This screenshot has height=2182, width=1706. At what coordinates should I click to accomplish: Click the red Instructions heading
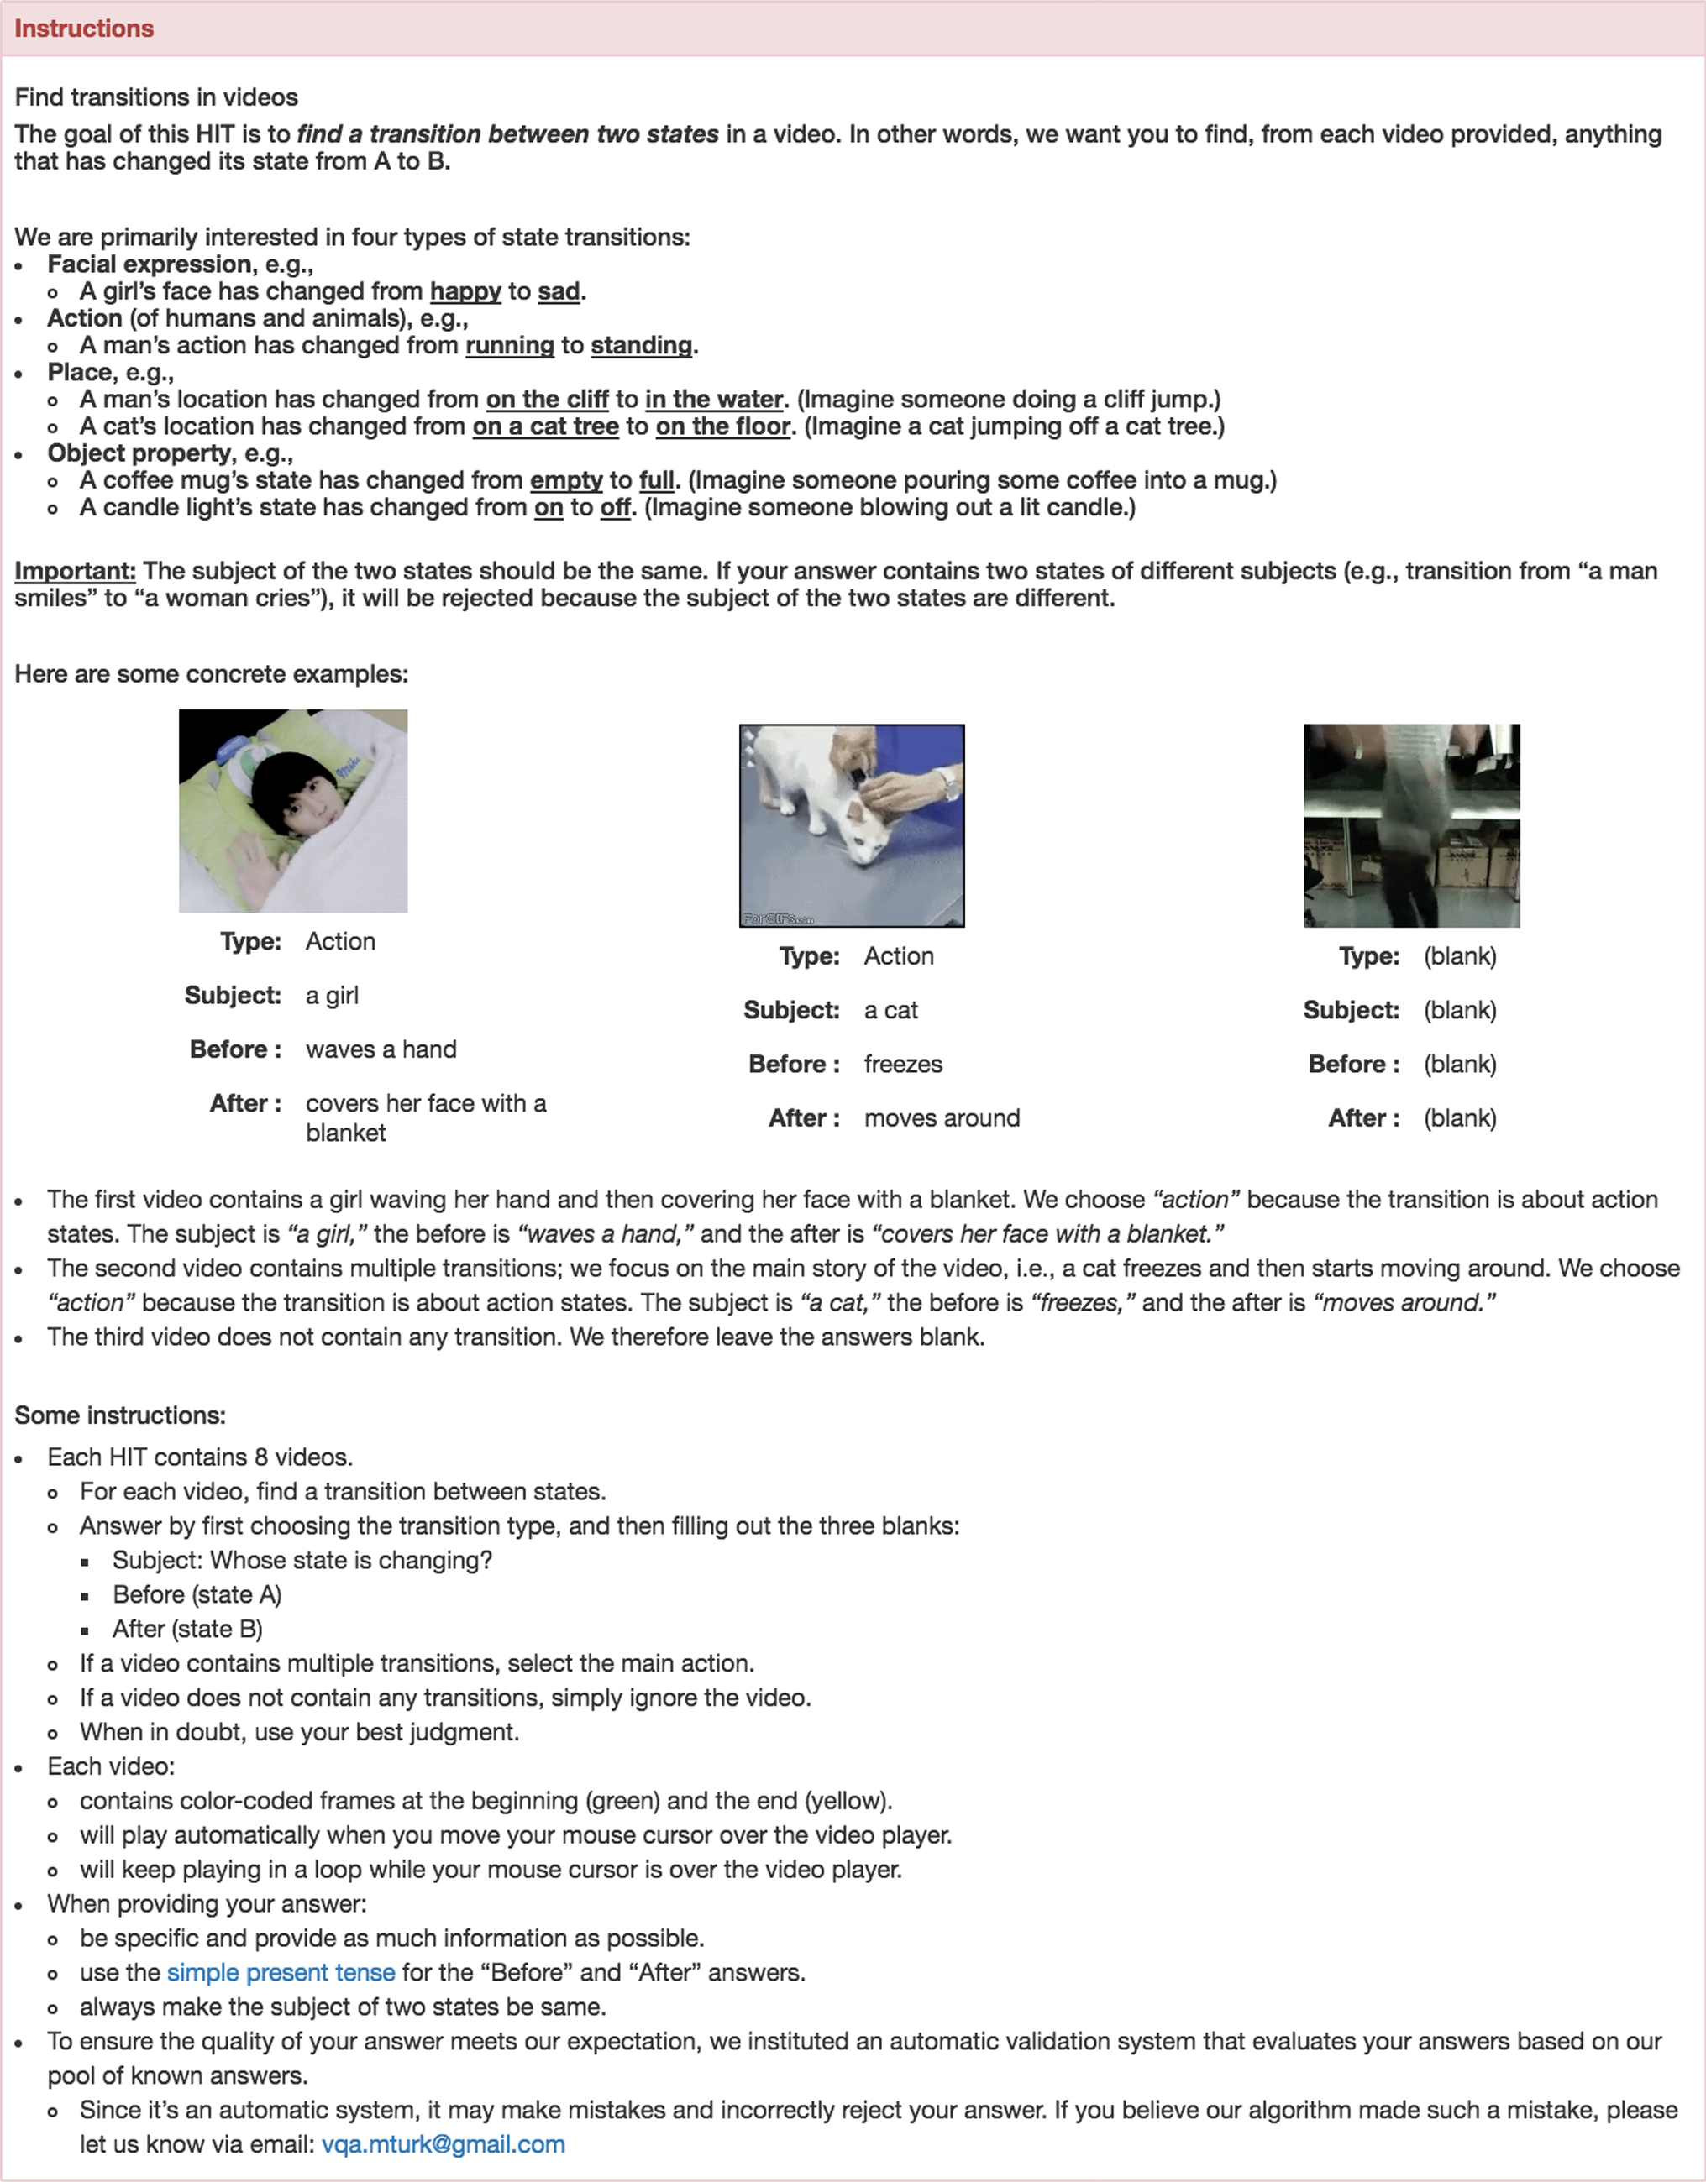[x=84, y=28]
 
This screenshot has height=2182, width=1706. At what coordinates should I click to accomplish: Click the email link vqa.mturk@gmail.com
[x=443, y=2144]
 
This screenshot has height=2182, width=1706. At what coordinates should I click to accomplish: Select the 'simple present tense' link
[x=281, y=1972]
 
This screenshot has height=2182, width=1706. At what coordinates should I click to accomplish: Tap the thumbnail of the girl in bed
[x=293, y=810]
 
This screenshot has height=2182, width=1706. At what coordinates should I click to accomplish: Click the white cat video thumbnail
[x=852, y=825]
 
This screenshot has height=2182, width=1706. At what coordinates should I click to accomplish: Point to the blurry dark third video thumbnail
[x=1411, y=825]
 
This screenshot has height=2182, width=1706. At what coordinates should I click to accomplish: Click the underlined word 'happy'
[x=465, y=290]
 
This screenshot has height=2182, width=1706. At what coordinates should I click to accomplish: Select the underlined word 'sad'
[x=559, y=290]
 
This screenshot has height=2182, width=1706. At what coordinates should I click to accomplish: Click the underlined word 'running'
[x=510, y=345]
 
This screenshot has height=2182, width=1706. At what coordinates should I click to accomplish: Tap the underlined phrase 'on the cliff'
[x=547, y=399]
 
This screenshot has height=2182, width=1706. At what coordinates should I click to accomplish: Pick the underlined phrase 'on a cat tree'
[x=546, y=426]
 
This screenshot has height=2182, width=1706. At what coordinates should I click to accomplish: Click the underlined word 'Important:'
[x=75, y=571]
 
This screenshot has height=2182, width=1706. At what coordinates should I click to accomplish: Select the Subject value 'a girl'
[x=332, y=995]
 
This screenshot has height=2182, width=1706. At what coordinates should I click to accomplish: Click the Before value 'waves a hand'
[x=381, y=1049]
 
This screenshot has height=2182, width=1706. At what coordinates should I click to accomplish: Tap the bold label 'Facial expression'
[x=150, y=264]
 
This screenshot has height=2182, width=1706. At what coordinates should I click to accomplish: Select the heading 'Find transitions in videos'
[x=156, y=97]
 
